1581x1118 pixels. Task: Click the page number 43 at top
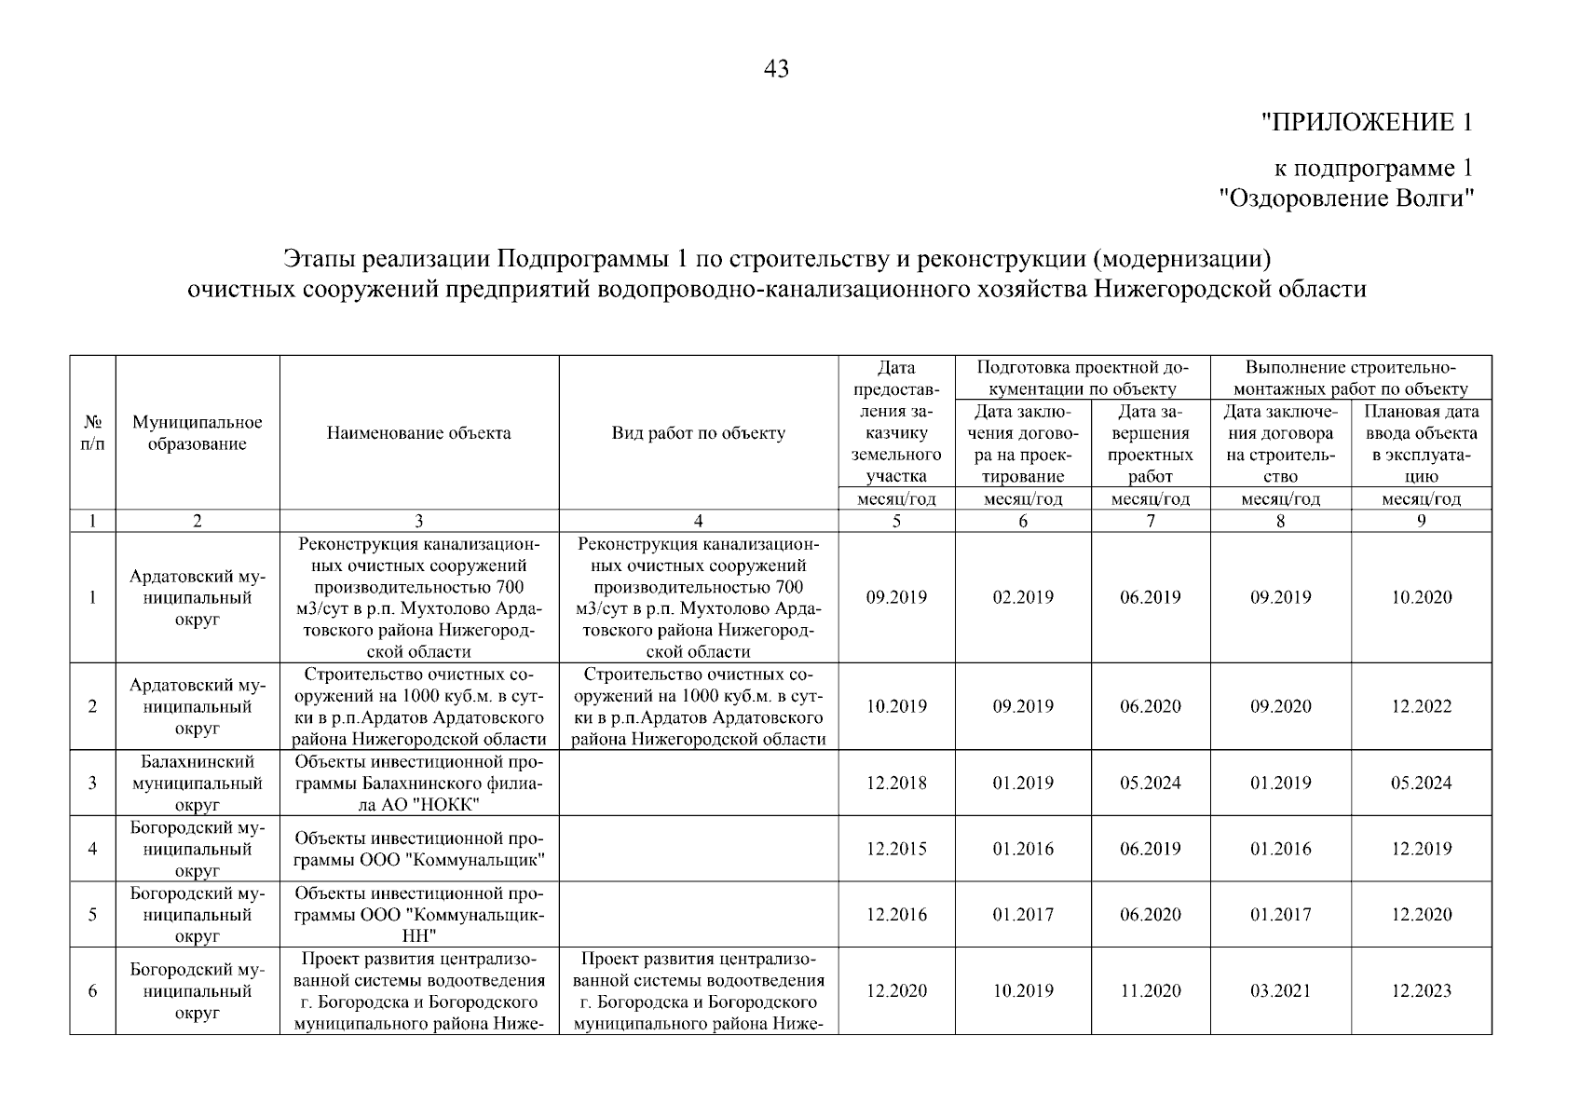point(775,69)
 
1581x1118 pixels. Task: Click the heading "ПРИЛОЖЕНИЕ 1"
point(1367,122)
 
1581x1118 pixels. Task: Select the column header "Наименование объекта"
point(418,432)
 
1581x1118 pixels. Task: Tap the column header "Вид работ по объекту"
point(698,432)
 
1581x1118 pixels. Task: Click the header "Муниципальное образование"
point(197,433)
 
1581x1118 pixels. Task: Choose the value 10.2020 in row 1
point(1421,597)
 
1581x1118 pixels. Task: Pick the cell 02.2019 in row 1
point(1023,597)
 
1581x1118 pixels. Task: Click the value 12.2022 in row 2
point(1421,706)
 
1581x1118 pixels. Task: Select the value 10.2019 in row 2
point(896,706)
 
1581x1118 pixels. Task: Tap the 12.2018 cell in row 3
point(896,783)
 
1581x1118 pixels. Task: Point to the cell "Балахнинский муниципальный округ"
point(197,783)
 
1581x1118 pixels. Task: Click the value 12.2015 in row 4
point(896,849)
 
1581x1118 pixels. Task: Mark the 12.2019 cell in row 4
point(1421,849)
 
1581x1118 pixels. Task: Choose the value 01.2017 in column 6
point(1023,915)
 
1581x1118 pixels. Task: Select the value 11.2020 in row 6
point(1150,991)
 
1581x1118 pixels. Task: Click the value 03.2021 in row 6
point(1280,991)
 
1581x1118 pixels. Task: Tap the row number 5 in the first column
point(92,915)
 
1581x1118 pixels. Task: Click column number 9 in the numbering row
point(1421,522)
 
